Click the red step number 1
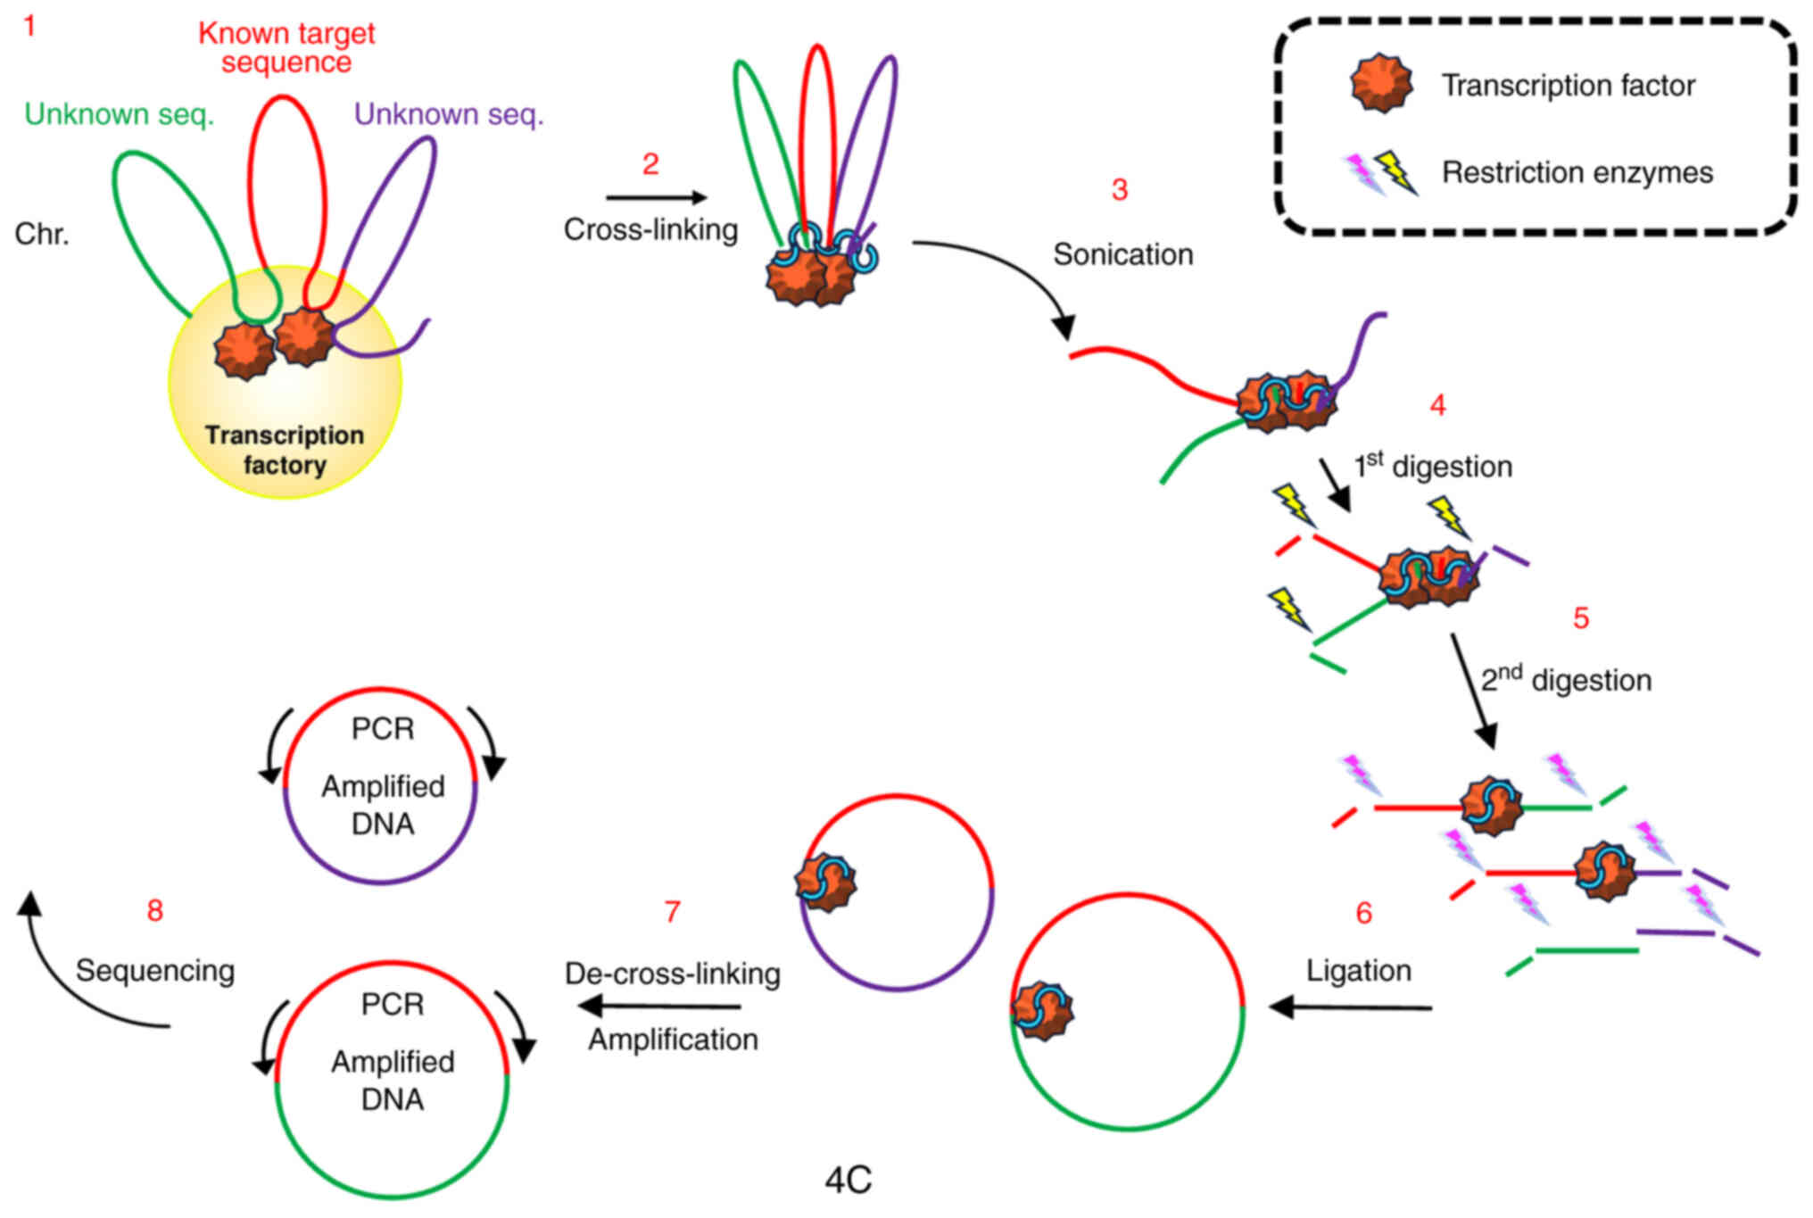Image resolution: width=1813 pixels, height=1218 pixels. click(x=29, y=26)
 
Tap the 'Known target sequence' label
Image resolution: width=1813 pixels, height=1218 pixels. click(x=286, y=47)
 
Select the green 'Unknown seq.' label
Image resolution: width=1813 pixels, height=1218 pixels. click(x=120, y=114)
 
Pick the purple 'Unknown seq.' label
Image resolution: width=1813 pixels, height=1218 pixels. click(x=449, y=114)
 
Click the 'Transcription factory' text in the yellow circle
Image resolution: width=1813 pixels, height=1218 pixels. click(x=285, y=450)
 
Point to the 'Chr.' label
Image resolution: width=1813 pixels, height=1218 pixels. click(x=42, y=234)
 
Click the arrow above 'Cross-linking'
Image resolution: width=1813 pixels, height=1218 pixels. click(x=656, y=197)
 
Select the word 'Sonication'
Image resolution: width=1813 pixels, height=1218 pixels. click(x=1123, y=254)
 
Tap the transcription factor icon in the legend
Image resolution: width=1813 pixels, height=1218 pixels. click(x=1381, y=83)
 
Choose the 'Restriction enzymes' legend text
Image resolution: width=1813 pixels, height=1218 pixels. click(x=1577, y=172)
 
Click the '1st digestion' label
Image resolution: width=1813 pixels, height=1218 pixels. click(x=1433, y=466)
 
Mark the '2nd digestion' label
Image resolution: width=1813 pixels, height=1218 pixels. click(x=1566, y=679)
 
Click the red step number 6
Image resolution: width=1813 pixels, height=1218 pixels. click(x=1363, y=913)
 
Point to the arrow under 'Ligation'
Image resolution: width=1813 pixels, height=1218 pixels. click(x=1351, y=1007)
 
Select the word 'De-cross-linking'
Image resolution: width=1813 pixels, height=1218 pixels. click(x=673, y=974)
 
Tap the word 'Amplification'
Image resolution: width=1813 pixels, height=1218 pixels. click(x=673, y=1040)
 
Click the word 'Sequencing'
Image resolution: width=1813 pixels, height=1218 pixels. click(x=155, y=971)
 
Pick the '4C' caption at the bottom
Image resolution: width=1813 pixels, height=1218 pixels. click(x=848, y=1181)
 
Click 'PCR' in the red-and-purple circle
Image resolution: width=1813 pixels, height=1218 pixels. click(x=383, y=729)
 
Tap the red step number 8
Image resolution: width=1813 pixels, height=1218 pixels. click(x=155, y=910)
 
